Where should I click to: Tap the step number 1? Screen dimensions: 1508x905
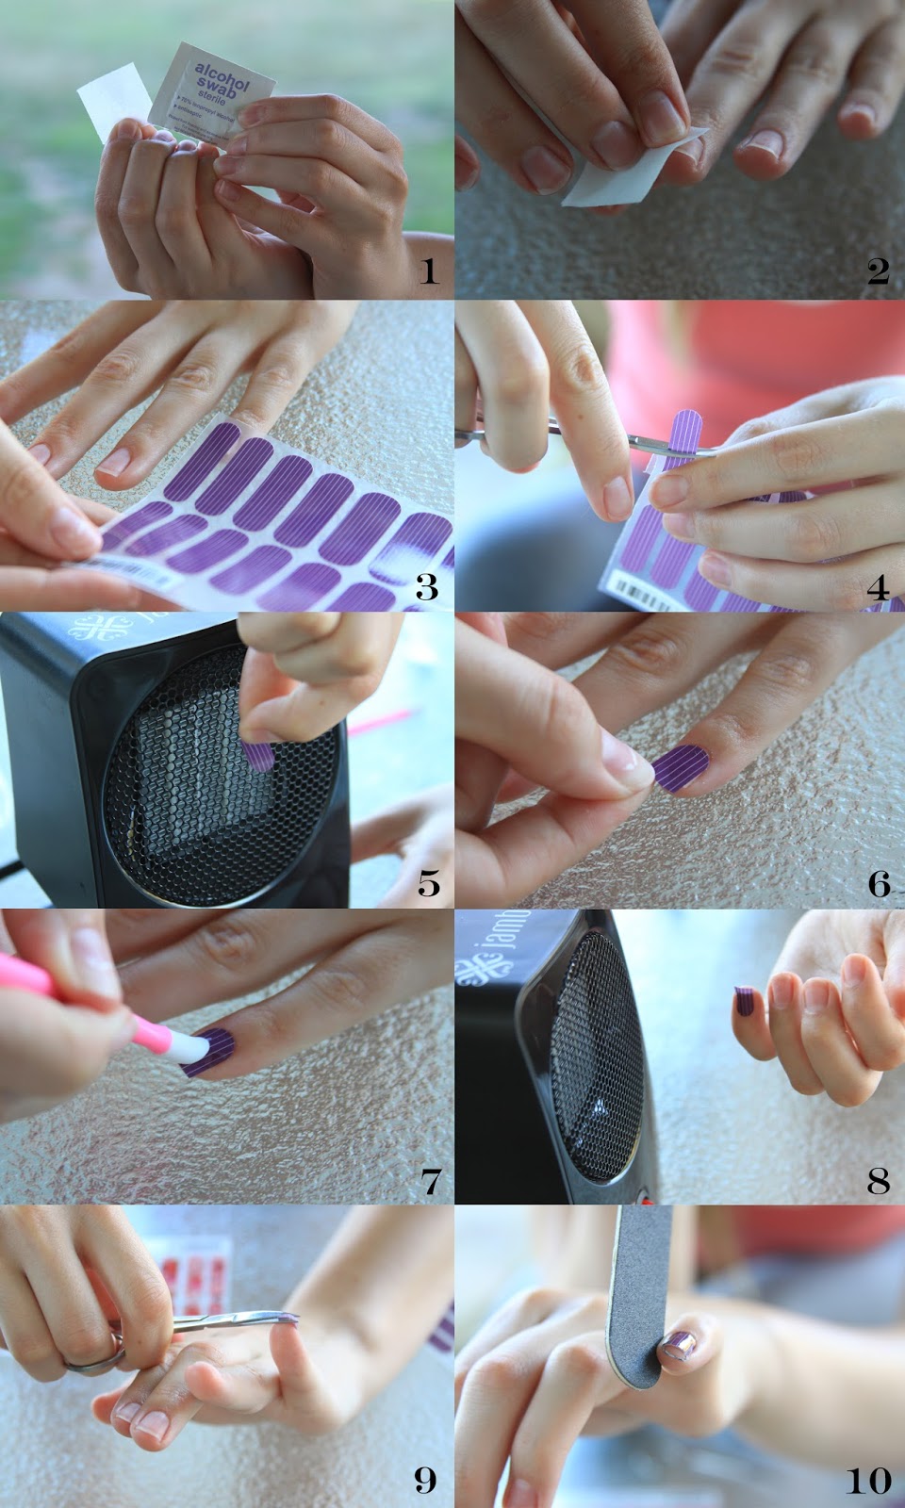point(429,271)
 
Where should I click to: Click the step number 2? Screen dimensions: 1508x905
point(878,271)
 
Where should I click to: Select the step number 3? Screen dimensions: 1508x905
point(427,587)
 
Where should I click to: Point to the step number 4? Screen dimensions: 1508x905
point(878,587)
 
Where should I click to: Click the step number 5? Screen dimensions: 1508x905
point(429,883)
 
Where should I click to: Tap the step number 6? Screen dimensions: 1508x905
point(879,883)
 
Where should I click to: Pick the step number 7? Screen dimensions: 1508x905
point(430,1180)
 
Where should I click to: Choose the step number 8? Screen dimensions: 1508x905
point(878,1180)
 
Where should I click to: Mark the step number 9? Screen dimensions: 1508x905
point(426,1480)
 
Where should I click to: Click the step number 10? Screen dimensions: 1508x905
point(867,1480)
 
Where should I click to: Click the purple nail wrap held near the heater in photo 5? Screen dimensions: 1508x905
point(257,754)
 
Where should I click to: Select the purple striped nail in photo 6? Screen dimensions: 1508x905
point(681,767)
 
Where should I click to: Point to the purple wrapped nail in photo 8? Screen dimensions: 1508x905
point(744,1002)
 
